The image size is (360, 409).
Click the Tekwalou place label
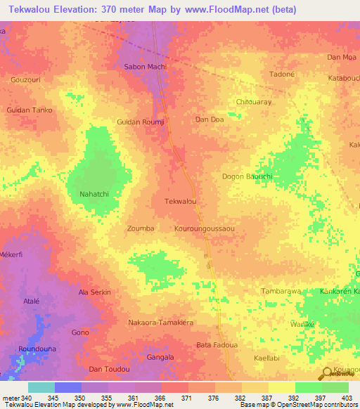pos(179,202)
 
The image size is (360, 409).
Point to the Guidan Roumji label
pos(141,122)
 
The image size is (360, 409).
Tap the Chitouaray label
pos(254,102)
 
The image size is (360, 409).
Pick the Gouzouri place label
pos(26,80)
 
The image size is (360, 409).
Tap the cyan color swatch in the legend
pos(41,387)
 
